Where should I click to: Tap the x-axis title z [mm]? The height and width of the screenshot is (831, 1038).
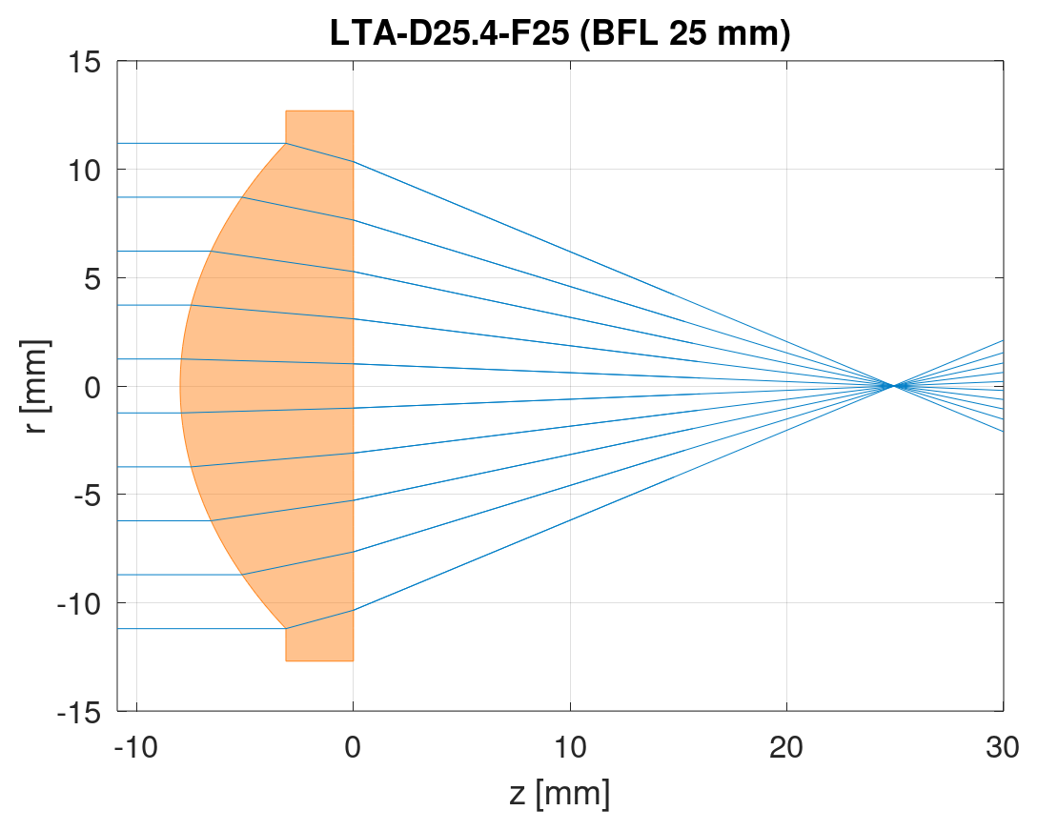click(x=560, y=793)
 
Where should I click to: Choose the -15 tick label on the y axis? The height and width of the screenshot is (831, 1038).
click(x=82, y=711)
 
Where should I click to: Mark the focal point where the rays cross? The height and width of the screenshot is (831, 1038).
click(x=893, y=386)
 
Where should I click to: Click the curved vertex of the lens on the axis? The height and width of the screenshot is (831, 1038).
click(x=180, y=386)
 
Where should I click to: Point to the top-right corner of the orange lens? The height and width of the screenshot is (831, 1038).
click(x=354, y=111)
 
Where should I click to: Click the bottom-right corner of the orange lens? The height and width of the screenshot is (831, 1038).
click(x=354, y=660)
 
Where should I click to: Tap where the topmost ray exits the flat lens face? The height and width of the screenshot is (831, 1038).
click(x=354, y=162)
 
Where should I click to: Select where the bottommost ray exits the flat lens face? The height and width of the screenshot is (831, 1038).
click(x=354, y=610)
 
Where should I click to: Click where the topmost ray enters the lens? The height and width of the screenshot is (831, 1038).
click(x=286, y=143)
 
